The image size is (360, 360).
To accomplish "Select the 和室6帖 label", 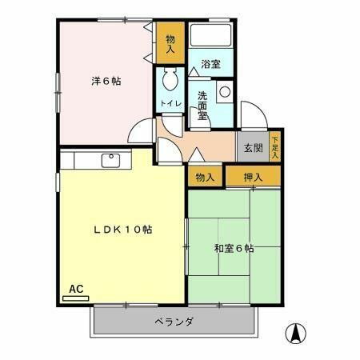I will [234, 248].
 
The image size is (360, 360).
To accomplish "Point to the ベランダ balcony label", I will [174, 322].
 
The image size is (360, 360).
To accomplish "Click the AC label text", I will [76, 288].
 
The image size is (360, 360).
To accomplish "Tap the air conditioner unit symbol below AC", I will [75, 298].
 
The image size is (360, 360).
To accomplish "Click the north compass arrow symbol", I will [296, 331].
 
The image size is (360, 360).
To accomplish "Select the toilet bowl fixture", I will [170, 81].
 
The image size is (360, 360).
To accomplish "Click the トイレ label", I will [170, 103].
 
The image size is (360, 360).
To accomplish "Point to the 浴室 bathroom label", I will [210, 64].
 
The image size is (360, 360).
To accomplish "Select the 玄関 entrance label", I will [253, 147].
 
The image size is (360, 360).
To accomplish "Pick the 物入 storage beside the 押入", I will [205, 177].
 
